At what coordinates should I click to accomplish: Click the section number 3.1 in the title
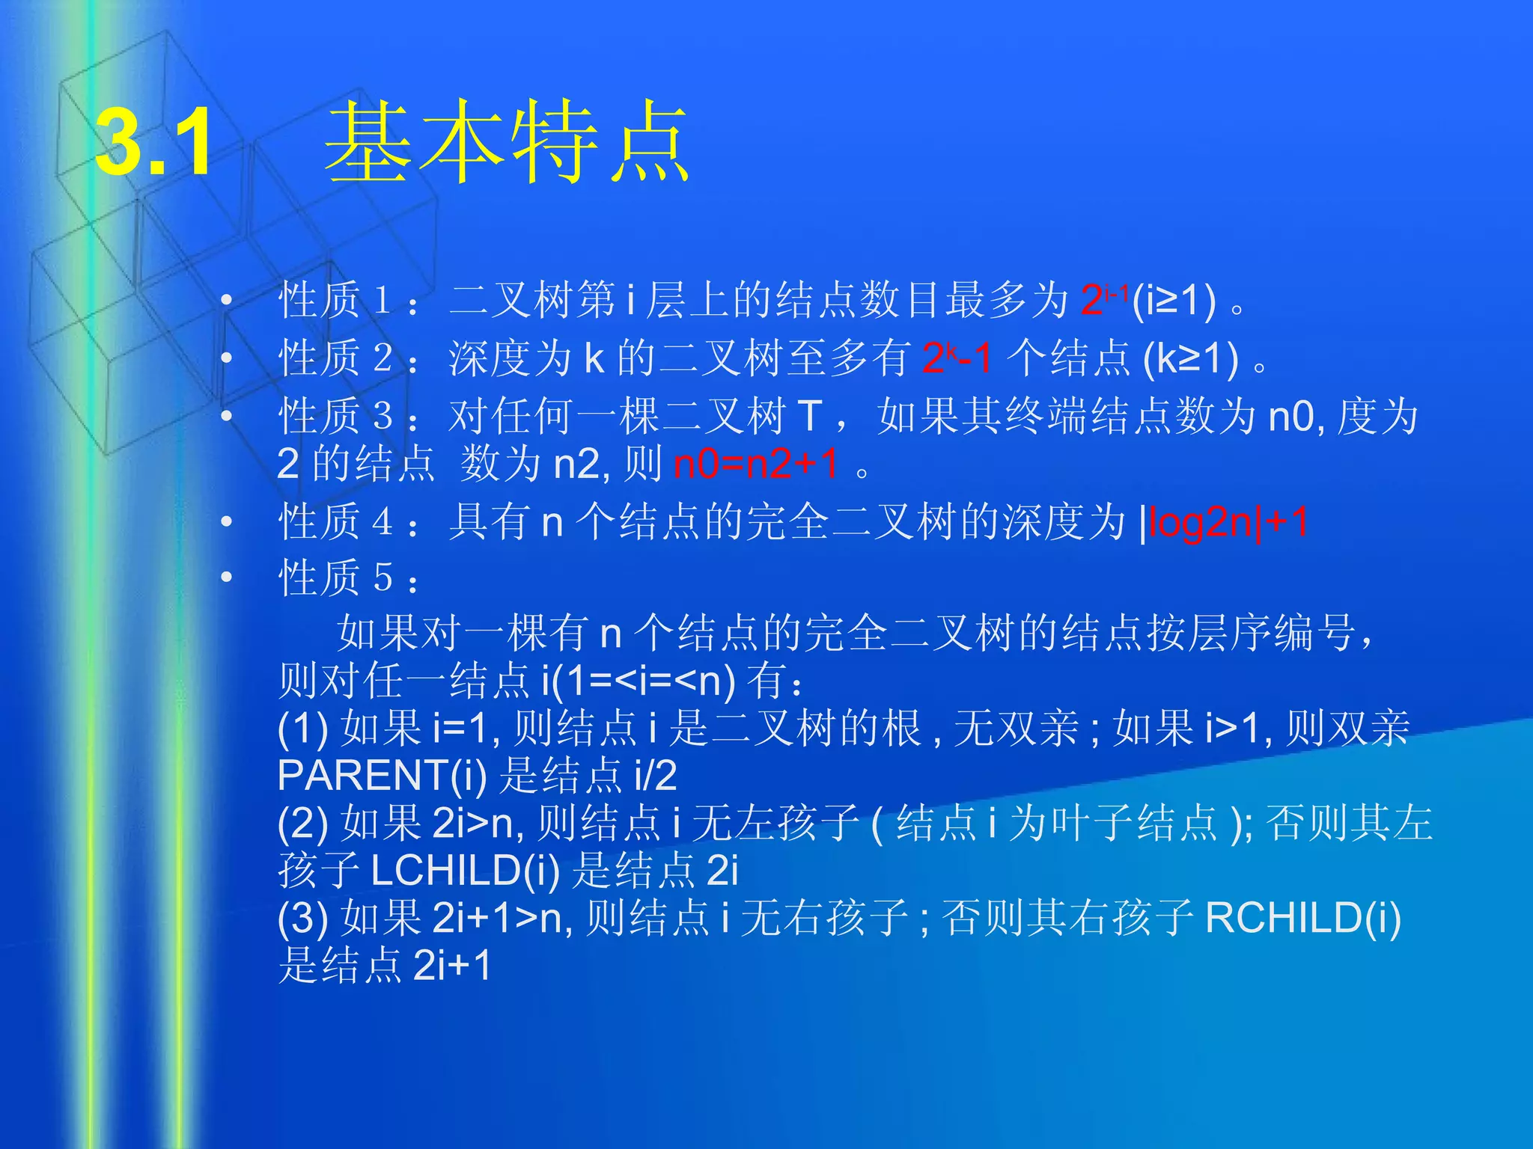tap(154, 142)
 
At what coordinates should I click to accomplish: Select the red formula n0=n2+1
tap(756, 464)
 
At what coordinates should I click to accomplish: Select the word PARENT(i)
tap(382, 775)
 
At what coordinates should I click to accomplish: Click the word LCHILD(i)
tap(465, 870)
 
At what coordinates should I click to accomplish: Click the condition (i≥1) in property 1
tap(1174, 300)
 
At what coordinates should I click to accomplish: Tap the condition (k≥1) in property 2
tap(1190, 358)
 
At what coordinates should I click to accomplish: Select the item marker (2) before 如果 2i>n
tap(302, 823)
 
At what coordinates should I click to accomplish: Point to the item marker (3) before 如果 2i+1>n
tap(302, 918)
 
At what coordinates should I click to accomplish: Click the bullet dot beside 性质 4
tap(227, 522)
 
